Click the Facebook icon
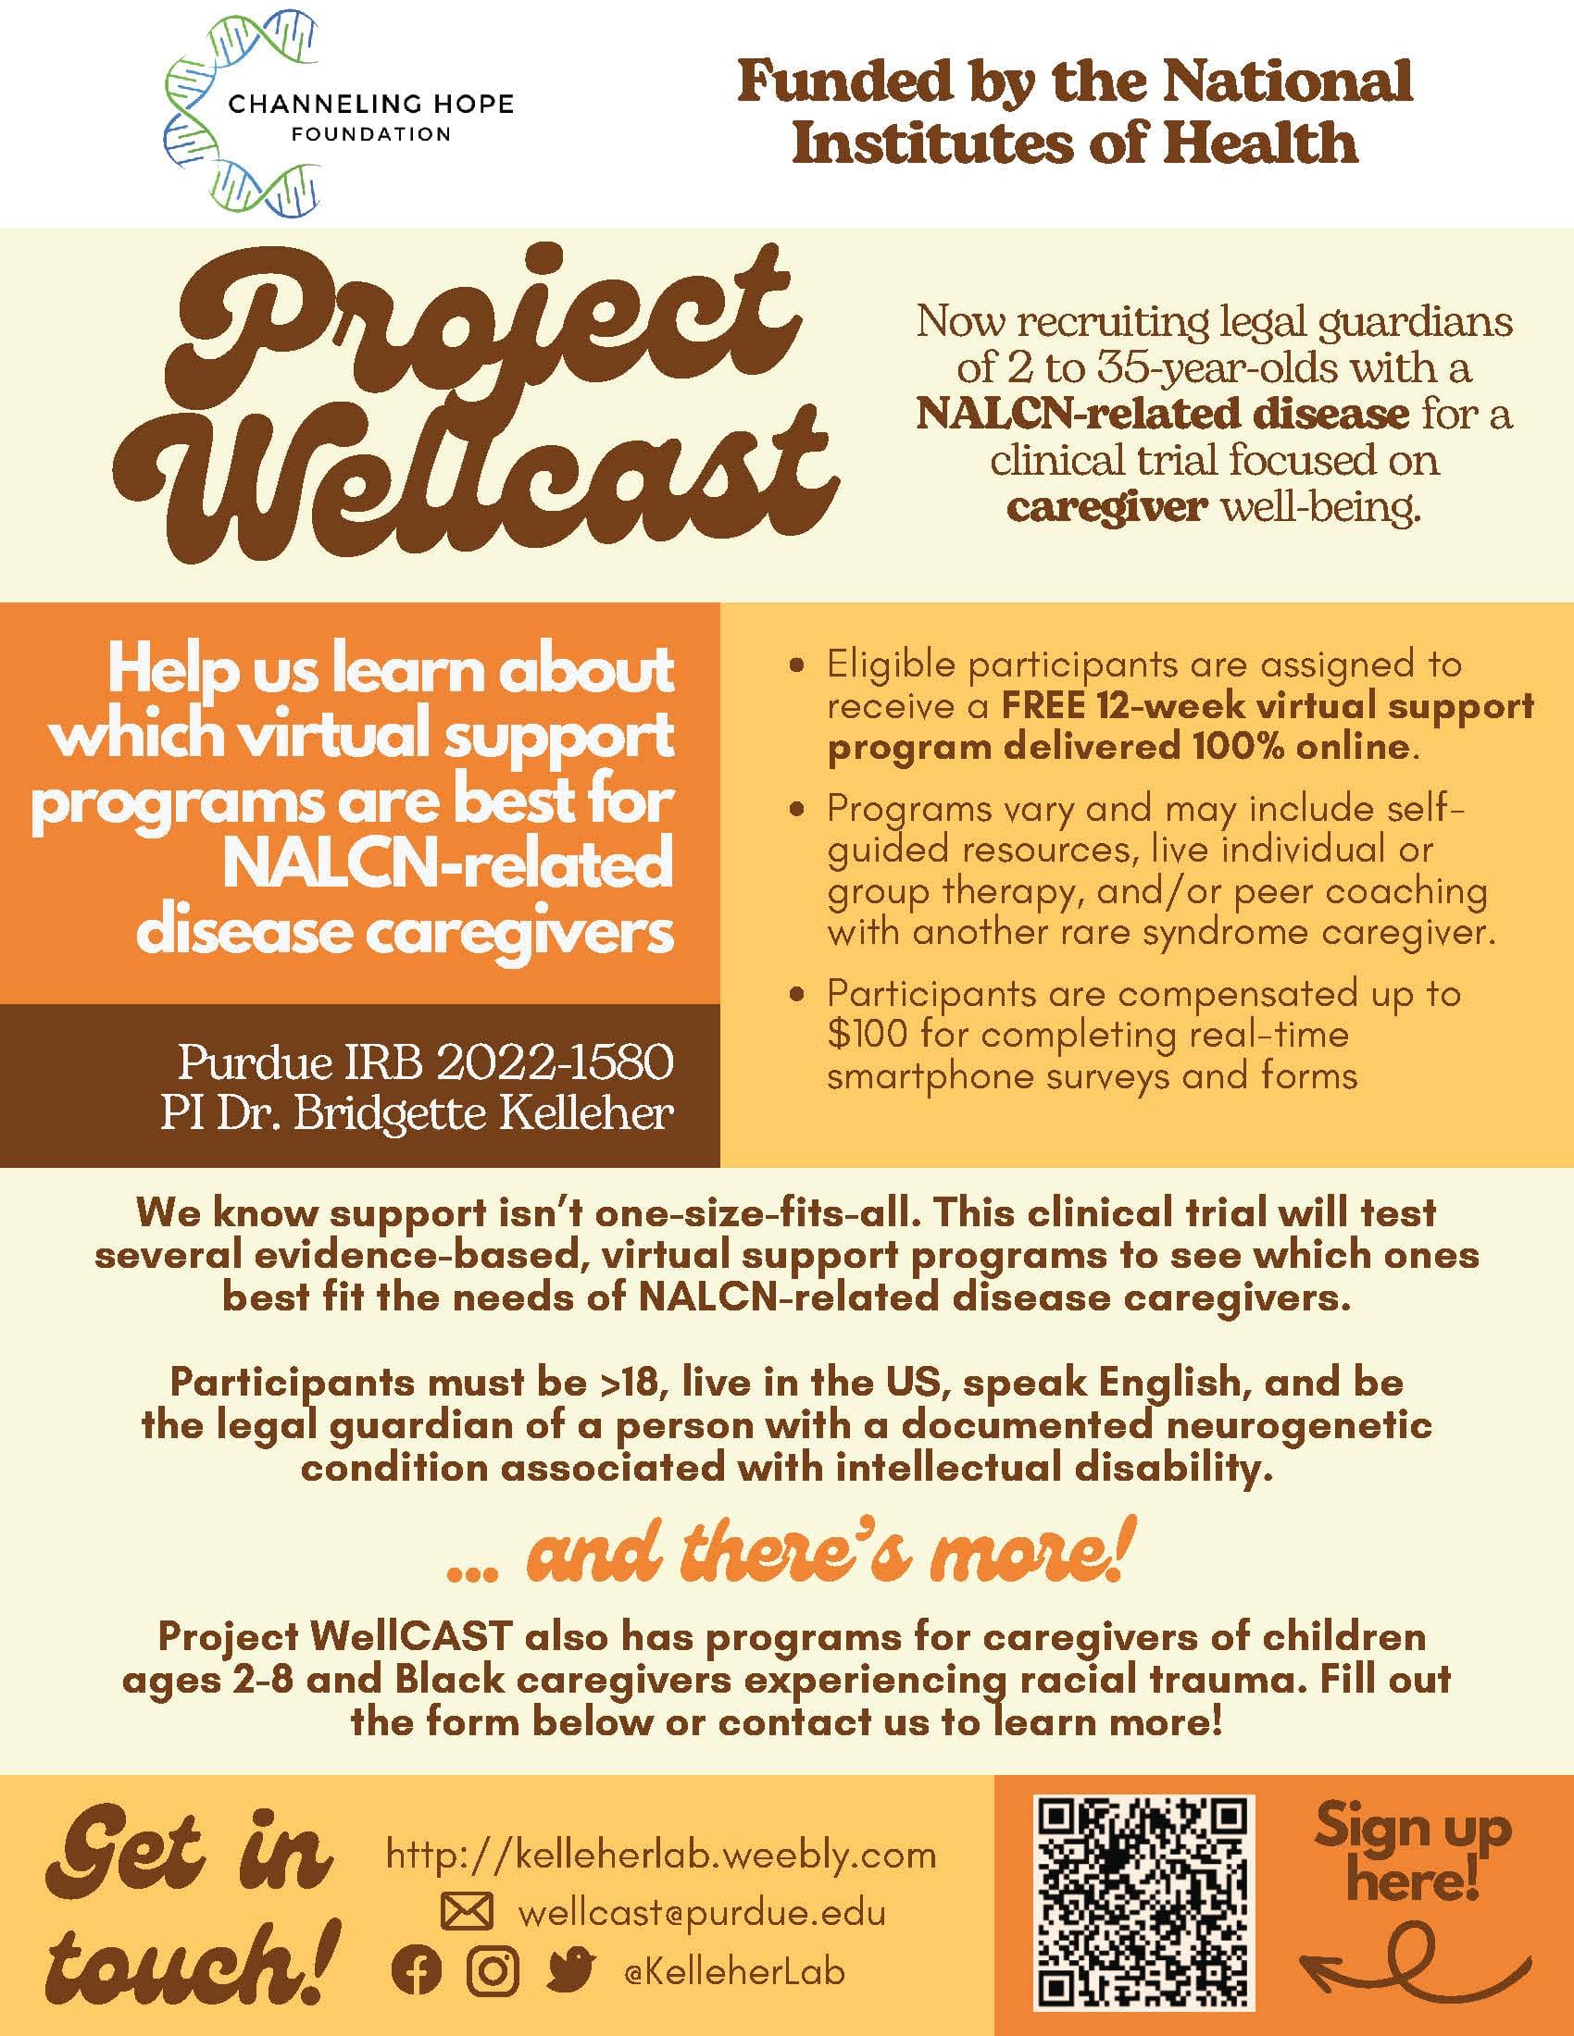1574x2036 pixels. tap(417, 1970)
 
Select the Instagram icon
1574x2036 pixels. tap(492, 1970)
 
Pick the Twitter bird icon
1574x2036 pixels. tap(570, 1968)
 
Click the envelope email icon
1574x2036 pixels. tap(467, 1913)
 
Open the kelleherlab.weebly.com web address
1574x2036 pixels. tap(661, 1856)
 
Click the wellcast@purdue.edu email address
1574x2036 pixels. tap(701, 1914)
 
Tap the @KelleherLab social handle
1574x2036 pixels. tap(734, 1971)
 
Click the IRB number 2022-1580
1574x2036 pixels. tap(555, 1061)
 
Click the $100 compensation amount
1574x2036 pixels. tap(868, 1035)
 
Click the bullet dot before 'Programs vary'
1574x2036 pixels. tap(796, 811)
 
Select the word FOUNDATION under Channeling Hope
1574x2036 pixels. tap(371, 134)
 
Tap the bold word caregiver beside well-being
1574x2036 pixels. tap(1106, 508)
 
